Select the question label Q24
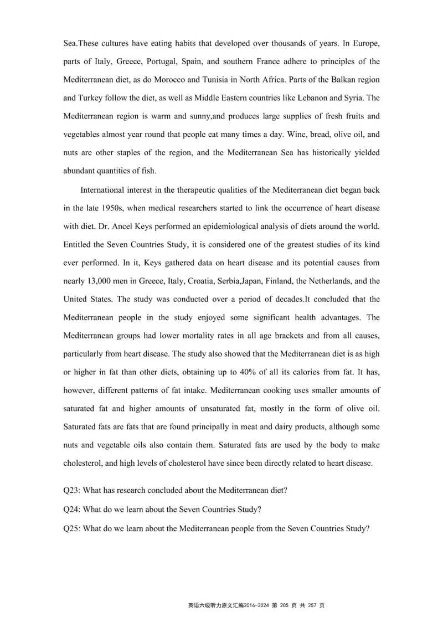[72, 510]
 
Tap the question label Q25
[72, 528]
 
